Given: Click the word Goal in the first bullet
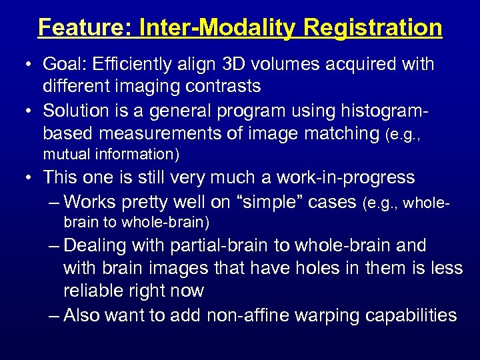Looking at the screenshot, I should [x=62, y=65].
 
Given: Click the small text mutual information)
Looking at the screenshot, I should [x=111, y=155].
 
